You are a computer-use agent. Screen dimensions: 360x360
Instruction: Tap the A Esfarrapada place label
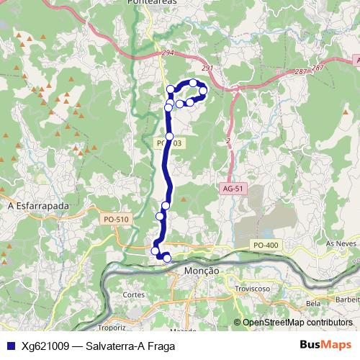click(x=37, y=206)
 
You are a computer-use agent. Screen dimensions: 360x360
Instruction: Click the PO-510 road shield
click(x=115, y=219)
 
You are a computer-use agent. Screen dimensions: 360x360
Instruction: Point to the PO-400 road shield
click(x=266, y=246)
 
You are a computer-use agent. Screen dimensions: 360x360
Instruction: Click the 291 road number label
click(x=207, y=68)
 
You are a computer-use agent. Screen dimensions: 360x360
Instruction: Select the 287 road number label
click(x=300, y=72)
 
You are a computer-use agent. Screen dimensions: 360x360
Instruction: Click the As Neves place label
click(x=341, y=245)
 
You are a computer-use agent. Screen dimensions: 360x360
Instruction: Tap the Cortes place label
click(x=134, y=294)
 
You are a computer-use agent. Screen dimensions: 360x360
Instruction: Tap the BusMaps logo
click(x=325, y=346)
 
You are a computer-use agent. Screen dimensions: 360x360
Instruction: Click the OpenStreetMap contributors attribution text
click(x=297, y=323)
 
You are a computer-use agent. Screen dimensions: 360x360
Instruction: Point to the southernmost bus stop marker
click(x=167, y=258)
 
